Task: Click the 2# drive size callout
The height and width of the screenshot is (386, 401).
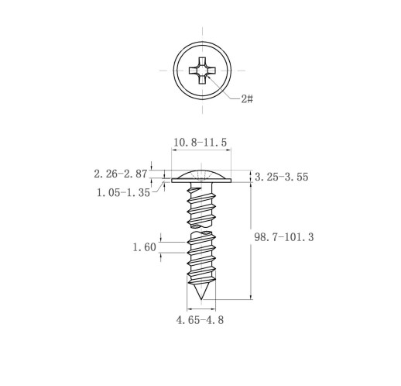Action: click(247, 98)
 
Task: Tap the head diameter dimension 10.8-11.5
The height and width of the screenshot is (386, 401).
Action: click(200, 143)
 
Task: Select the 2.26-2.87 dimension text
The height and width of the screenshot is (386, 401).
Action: click(121, 174)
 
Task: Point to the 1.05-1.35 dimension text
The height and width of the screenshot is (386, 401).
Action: click(123, 192)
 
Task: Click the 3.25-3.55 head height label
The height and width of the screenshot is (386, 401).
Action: click(282, 177)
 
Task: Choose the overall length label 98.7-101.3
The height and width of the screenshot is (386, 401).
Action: click(284, 237)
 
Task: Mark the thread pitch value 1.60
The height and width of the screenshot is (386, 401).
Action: click(144, 247)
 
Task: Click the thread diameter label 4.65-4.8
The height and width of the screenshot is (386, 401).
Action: click(200, 320)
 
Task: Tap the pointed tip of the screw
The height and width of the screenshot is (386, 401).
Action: click(201, 299)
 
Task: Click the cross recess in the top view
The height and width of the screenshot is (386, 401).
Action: click(202, 71)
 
